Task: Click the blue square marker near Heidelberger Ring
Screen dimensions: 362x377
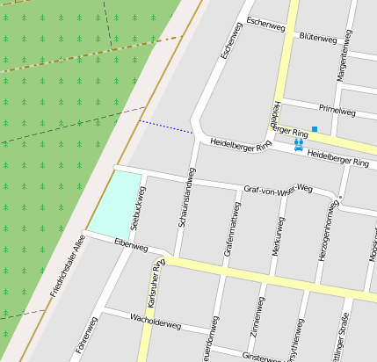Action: [314, 129]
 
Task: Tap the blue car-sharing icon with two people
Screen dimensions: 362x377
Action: [299, 145]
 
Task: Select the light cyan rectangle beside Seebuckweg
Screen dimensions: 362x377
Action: [116, 204]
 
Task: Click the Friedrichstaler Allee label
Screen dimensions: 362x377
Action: [69, 259]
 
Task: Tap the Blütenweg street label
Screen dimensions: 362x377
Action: [318, 38]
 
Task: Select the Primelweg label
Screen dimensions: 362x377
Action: [337, 111]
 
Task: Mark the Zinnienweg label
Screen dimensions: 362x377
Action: [257, 317]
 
